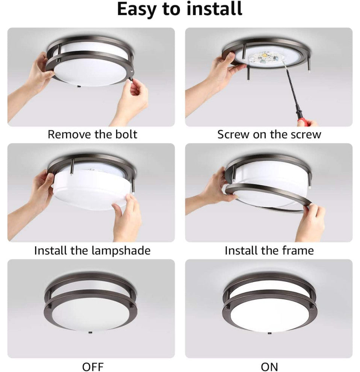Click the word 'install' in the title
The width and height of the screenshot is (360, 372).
[x=214, y=9]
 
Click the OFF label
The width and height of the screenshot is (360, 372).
[x=93, y=367]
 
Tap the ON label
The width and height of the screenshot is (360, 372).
[x=269, y=367]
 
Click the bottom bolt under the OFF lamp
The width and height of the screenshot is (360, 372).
[x=90, y=333]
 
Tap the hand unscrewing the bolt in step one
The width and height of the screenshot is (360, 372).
[x=132, y=101]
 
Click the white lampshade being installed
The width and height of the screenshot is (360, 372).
[x=91, y=190]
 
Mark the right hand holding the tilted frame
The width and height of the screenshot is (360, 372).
[x=310, y=222]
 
